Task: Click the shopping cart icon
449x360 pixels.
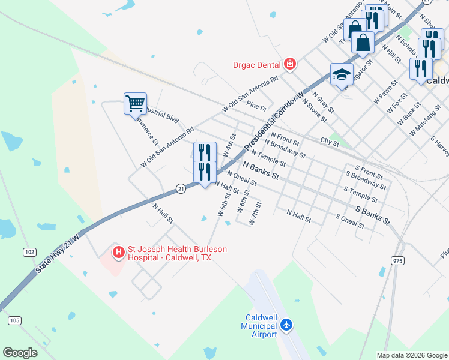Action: click(x=135, y=103)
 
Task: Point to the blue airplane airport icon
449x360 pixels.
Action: click(x=286, y=325)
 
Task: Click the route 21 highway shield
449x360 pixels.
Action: click(x=181, y=188)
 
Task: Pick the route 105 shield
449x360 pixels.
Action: click(x=14, y=320)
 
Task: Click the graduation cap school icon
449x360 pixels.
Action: click(x=341, y=74)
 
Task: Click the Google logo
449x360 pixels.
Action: click(x=20, y=353)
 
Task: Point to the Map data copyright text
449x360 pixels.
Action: click(x=412, y=355)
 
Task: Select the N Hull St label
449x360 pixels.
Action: click(x=163, y=213)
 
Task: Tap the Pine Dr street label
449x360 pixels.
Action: click(x=256, y=107)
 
